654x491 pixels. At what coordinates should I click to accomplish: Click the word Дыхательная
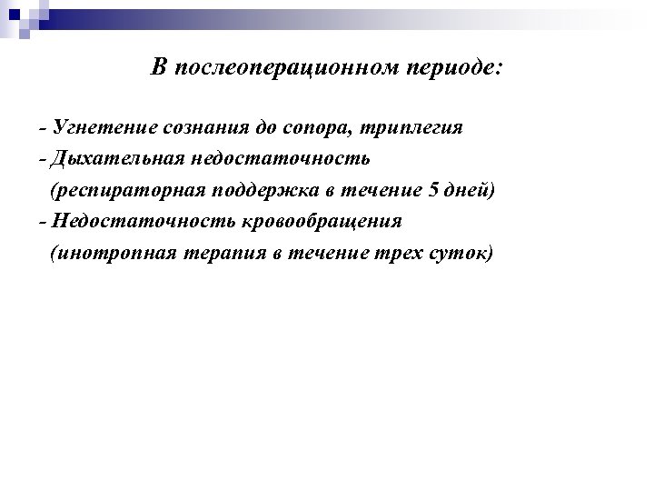point(117,159)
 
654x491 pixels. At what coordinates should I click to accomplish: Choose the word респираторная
point(128,191)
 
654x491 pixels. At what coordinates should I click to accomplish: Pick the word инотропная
point(112,253)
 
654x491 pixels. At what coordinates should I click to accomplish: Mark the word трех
point(391,254)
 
